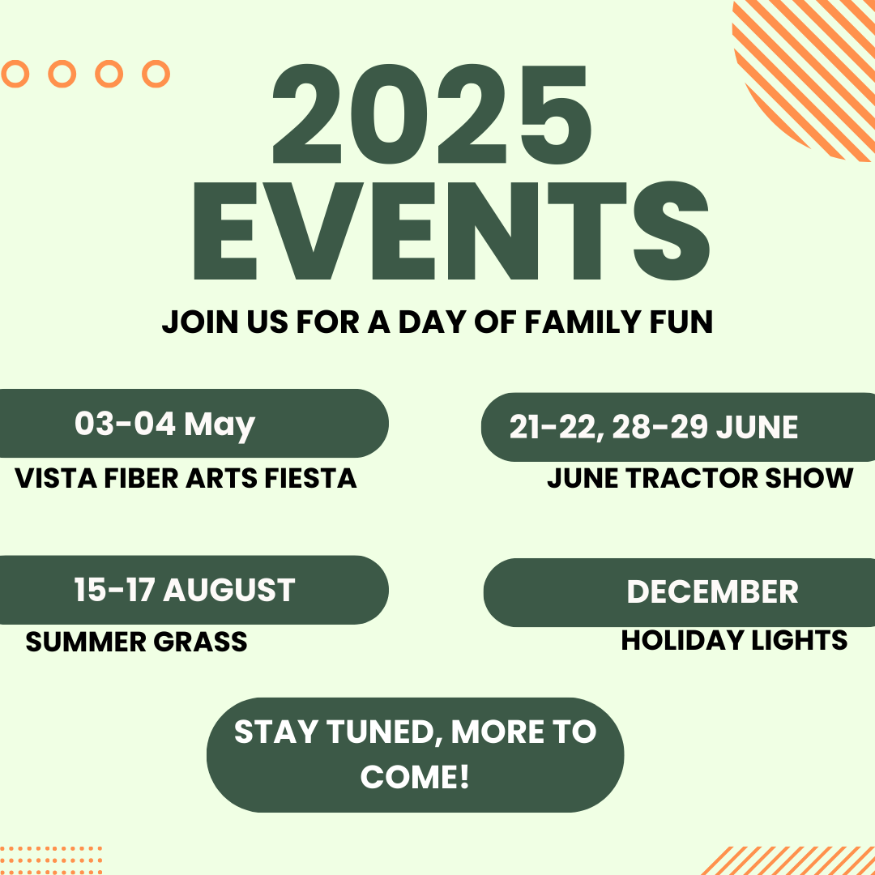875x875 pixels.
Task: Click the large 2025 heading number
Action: (431, 114)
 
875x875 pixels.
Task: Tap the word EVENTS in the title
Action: (451, 230)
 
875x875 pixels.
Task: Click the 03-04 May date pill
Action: (194, 423)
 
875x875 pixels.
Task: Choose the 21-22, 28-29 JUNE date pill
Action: (678, 427)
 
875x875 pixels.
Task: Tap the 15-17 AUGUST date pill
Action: (194, 590)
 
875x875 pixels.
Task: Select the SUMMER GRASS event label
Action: (136, 642)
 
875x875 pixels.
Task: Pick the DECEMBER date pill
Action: (679, 592)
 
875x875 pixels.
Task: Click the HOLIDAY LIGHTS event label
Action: (734, 640)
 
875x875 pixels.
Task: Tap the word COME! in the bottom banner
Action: (415, 777)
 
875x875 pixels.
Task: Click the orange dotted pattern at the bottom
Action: (51, 860)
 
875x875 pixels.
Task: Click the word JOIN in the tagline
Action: (200, 322)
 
